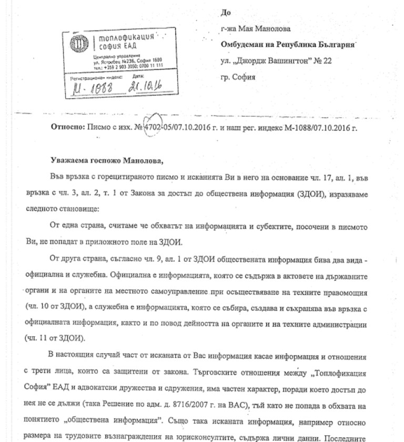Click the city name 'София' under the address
click(245, 77)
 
